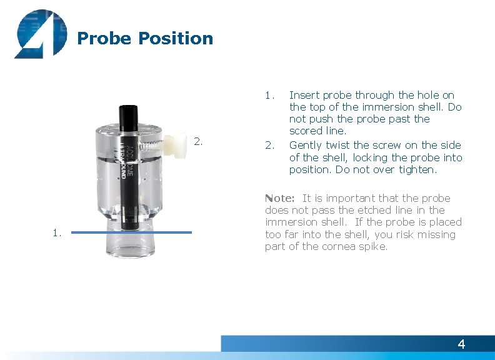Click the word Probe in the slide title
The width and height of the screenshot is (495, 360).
pos(104,39)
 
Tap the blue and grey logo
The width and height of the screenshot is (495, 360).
pos(40,34)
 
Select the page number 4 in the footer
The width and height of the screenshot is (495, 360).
pos(461,344)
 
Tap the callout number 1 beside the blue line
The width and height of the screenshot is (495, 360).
pos(57,233)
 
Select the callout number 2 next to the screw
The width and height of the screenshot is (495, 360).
pos(198,141)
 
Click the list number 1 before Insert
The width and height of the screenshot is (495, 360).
pos(269,96)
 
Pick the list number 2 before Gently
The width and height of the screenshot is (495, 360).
pos(269,146)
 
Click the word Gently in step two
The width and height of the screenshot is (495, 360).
pos(306,146)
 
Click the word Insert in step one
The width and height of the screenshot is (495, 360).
pos(304,96)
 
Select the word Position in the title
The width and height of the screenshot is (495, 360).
pos(176,39)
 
